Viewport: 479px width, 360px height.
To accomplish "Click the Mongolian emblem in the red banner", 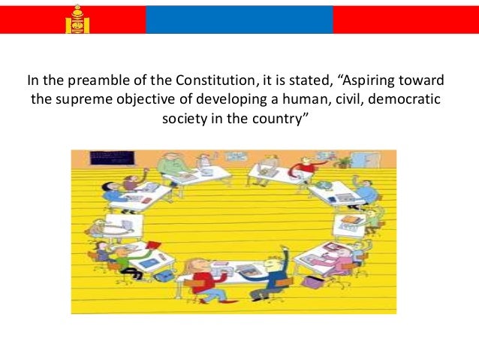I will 77,19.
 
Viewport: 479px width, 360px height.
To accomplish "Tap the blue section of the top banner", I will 239,17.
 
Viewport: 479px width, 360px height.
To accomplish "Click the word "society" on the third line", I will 184,120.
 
